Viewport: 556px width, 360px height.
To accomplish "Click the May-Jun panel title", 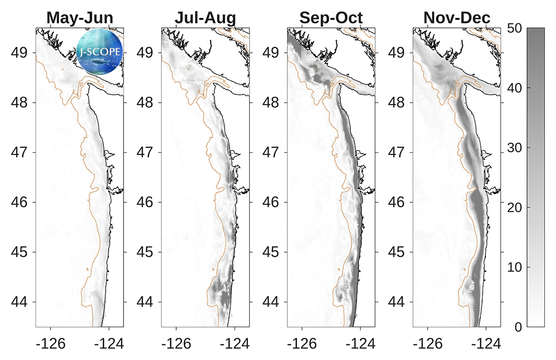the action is coord(80,18).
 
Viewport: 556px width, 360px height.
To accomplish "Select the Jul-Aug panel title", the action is coord(205,18).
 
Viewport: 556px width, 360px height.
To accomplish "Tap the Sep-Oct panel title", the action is coord(331,18).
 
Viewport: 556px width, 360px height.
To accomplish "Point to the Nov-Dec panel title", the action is coord(456,18).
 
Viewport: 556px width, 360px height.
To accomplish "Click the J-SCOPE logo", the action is coord(100,52).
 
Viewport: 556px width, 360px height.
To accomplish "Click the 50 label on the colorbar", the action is coord(514,28).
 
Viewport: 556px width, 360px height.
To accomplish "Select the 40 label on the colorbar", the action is coord(514,88).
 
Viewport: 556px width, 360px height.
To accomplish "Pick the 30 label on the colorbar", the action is coord(514,148).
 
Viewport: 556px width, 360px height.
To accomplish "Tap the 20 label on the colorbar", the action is coord(514,207).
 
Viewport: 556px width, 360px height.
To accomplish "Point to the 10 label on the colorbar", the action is coord(514,267).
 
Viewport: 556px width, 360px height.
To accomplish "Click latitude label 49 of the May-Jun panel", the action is coord(19,53).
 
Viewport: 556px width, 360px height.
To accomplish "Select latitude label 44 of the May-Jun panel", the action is coord(19,302).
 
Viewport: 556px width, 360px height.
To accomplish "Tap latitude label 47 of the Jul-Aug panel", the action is coord(145,153).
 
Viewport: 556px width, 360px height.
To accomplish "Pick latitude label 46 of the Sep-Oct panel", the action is coord(271,203).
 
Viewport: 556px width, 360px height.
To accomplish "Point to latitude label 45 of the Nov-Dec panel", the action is coord(396,252).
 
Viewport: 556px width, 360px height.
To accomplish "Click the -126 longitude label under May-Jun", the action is coord(51,344).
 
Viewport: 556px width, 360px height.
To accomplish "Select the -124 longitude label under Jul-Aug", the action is coord(235,344).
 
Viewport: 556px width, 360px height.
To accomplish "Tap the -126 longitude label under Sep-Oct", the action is coord(302,344).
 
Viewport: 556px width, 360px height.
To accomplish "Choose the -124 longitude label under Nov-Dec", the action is coord(486,344).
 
